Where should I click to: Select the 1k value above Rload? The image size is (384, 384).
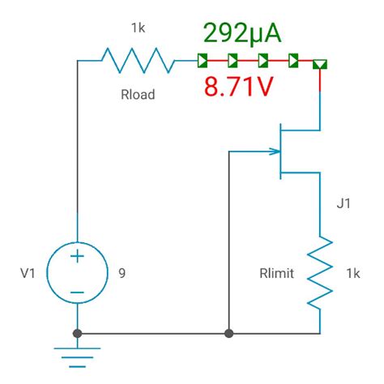139,28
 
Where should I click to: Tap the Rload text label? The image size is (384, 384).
139,94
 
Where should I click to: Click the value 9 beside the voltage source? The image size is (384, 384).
122,273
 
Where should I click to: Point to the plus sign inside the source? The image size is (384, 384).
77,258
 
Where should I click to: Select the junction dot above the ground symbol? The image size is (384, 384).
77,333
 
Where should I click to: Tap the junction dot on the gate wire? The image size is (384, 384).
230,333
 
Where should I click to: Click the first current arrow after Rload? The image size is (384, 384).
202,60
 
